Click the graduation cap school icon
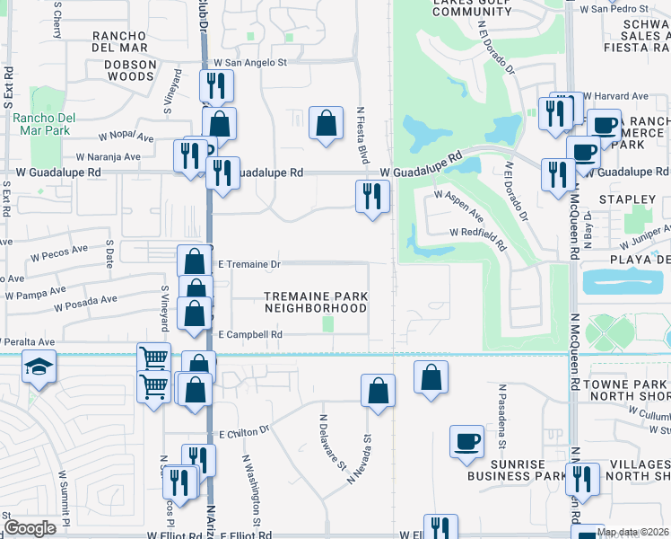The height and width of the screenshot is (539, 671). [39, 369]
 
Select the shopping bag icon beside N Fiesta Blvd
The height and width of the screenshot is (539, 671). [327, 122]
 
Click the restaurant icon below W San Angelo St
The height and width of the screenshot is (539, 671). [215, 86]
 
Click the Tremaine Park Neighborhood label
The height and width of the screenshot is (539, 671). [316, 302]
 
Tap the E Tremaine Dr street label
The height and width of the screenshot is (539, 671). [250, 264]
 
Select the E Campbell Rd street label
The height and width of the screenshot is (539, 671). [251, 334]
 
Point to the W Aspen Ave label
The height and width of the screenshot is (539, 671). [458, 206]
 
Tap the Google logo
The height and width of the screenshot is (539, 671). [30, 527]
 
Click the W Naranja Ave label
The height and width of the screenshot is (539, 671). [109, 156]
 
